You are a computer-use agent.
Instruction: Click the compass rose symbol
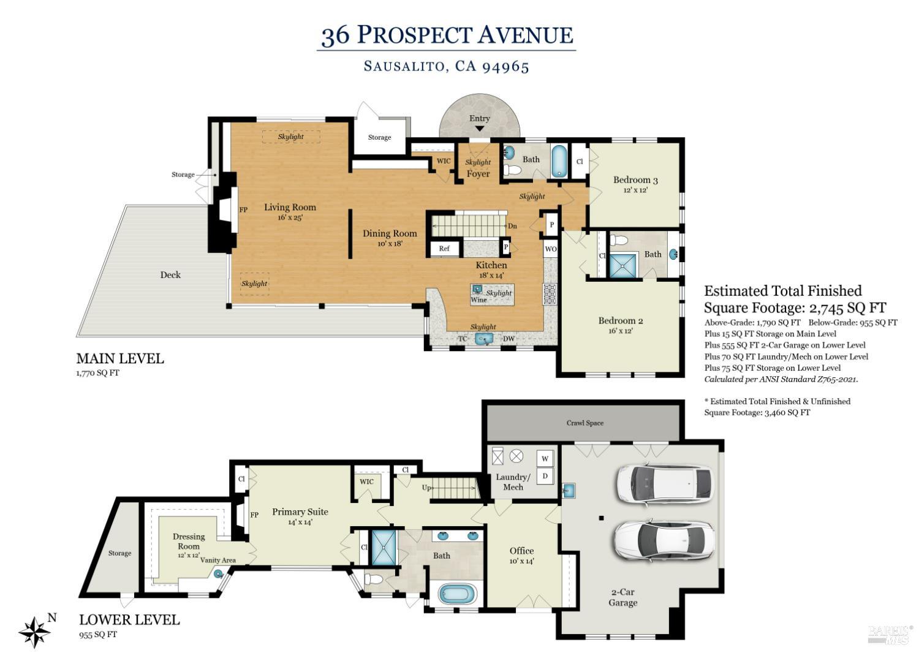[34, 632]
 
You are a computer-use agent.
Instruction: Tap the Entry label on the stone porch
[479, 118]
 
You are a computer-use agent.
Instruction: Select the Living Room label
[290, 207]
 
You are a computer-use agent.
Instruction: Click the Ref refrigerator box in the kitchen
[444, 248]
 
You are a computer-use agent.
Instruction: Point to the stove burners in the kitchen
[549, 294]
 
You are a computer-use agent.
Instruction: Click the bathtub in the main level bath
[559, 160]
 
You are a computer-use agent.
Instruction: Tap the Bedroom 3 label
[635, 180]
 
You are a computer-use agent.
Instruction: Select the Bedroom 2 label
[620, 320]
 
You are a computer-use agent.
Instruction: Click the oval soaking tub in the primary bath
[457, 593]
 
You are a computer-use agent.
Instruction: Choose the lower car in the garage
[663, 538]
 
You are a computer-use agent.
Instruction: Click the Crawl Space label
[584, 423]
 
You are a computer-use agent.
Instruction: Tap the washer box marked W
[545, 458]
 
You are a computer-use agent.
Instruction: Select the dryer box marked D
[545, 475]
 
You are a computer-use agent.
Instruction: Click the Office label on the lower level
[521, 551]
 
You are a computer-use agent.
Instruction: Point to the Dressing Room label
[189, 541]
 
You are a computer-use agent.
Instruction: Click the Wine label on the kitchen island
[478, 300]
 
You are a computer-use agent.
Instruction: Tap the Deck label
[170, 274]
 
